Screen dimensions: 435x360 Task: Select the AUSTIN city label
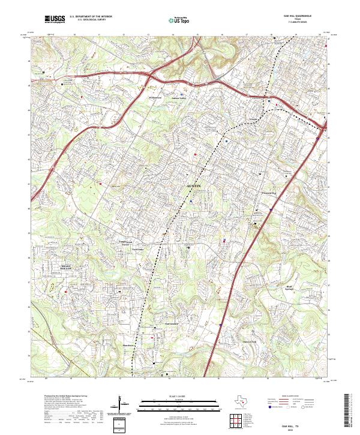pyautogui.click(x=195, y=187)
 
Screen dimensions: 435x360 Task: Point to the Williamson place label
pyautogui.click(x=156, y=96)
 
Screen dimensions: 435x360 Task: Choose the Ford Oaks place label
pyautogui.click(x=138, y=249)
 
